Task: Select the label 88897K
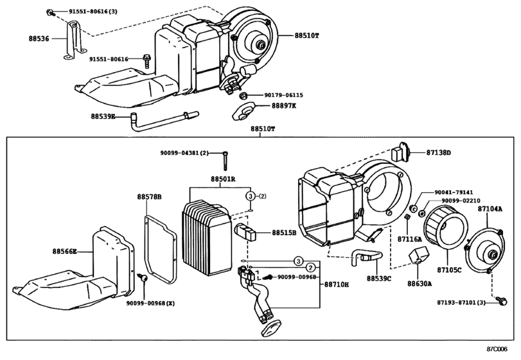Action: [283, 106]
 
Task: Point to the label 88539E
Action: [103, 116]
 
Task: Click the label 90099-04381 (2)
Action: [184, 152]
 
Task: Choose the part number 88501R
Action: [222, 178]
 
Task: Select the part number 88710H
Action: [337, 283]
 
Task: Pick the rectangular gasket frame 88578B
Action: [162, 248]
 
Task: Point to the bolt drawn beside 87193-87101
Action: [500, 298]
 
